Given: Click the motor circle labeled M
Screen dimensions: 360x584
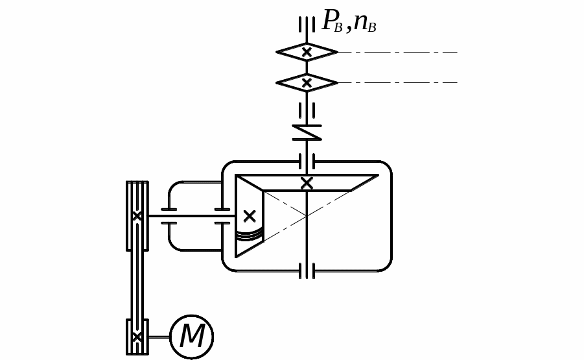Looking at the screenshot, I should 191,337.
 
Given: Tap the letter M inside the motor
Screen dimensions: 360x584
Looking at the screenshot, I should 192,337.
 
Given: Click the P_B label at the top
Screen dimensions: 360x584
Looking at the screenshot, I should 332,21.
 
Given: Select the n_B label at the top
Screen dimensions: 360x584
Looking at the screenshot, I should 364,22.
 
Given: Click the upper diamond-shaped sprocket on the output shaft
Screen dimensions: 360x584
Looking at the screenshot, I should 307,52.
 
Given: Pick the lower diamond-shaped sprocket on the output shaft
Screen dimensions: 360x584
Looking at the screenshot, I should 307,83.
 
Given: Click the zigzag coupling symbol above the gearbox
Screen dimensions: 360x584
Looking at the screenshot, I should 307,132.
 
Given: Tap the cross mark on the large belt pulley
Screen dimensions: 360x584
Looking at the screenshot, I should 137,216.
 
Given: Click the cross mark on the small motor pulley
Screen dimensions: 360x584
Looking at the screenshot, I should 137,337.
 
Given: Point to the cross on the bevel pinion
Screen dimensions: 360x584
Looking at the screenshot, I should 250,216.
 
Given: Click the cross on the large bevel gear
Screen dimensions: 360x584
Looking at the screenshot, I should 307,183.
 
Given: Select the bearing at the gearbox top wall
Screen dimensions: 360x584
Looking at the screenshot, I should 307,161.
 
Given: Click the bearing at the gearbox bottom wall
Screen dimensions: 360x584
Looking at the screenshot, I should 307,270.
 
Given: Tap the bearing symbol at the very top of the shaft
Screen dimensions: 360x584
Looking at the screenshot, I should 307,25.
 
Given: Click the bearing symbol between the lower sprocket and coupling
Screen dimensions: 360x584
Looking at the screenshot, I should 307,110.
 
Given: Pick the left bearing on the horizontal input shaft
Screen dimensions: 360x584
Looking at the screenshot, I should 169,216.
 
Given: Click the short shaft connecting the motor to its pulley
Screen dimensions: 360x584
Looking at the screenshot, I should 159,337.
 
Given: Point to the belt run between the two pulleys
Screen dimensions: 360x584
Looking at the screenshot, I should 137,285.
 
